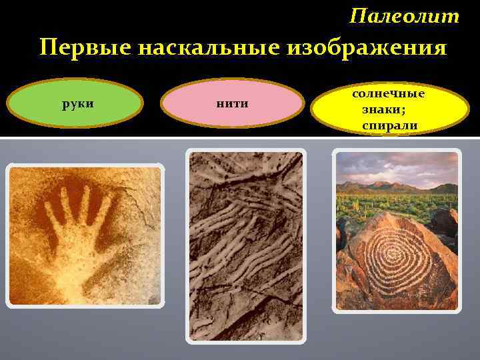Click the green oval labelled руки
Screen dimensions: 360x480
click(75, 104)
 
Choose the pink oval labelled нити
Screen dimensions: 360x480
click(233, 103)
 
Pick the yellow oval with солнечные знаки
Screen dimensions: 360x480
click(390, 109)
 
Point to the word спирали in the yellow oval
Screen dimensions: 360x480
click(390, 125)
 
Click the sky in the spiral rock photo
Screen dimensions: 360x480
click(397, 165)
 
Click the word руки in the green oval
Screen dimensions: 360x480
click(75, 104)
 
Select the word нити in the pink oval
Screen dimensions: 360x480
click(233, 103)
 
